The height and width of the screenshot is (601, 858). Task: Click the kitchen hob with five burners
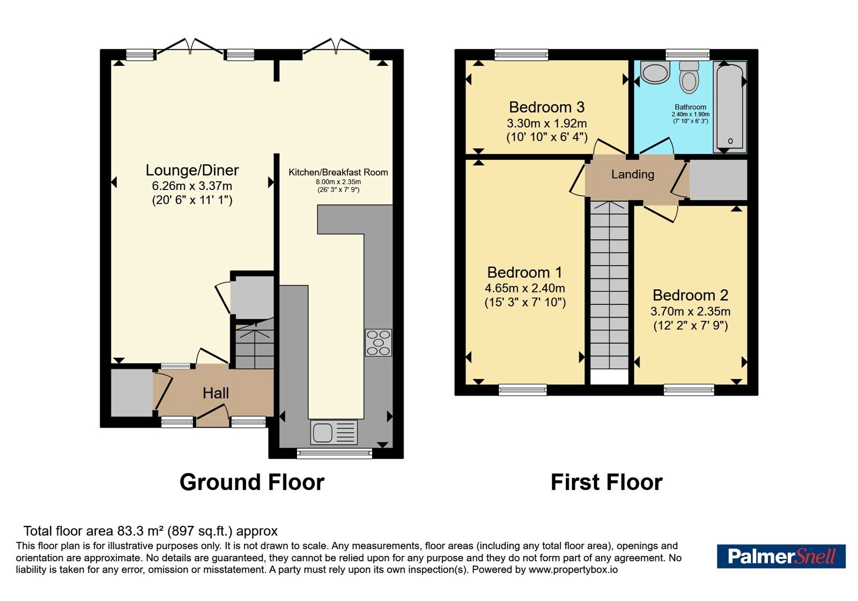pyautogui.click(x=379, y=343)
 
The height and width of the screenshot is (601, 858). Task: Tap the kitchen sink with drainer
pyautogui.click(x=334, y=433)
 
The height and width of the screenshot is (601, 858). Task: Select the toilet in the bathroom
pyautogui.click(x=689, y=77)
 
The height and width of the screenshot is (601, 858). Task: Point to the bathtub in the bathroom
pyautogui.click(x=730, y=107)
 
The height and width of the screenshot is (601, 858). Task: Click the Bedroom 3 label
pyautogui.click(x=546, y=107)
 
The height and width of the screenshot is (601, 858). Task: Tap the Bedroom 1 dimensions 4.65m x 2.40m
pyautogui.click(x=525, y=288)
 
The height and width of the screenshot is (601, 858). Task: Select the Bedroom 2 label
pyautogui.click(x=690, y=295)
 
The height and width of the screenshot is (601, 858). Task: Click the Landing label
pyautogui.click(x=632, y=174)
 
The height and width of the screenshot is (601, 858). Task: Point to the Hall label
pyautogui.click(x=216, y=393)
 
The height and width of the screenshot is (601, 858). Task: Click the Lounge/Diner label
pyautogui.click(x=192, y=170)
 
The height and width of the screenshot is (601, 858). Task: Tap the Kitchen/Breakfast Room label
pyautogui.click(x=338, y=172)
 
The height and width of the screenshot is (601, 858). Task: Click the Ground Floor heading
pyautogui.click(x=252, y=482)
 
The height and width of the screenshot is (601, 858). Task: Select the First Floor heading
pyautogui.click(x=606, y=482)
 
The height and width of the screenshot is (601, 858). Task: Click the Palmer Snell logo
pyautogui.click(x=781, y=556)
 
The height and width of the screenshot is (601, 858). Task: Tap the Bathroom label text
pyautogui.click(x=690, y=107)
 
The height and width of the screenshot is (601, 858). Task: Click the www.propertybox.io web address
pyautogui.click(x=573, y=569)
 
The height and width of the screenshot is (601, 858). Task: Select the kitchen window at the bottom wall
pyautogui.click(x=335, y=453)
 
